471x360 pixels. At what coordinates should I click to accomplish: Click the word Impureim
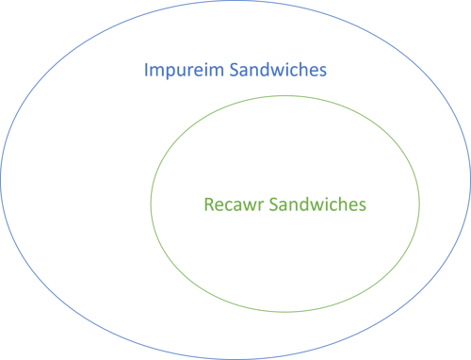click(179, 71)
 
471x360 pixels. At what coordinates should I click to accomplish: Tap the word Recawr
click(234, 204)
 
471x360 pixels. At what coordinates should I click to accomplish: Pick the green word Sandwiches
click(317, 204)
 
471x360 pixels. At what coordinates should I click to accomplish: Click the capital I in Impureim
click(146, 71)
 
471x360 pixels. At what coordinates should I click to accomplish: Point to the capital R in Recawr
click(208, 204)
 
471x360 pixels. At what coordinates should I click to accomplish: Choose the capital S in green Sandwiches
click(273, 204)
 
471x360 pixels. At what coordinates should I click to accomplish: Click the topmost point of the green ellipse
click(284, 94)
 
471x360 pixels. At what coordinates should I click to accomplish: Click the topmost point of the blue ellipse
click(235, 2)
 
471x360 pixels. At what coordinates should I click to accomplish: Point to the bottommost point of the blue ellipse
click(235, 358)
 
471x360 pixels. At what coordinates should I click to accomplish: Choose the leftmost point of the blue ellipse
click(2, 180)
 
